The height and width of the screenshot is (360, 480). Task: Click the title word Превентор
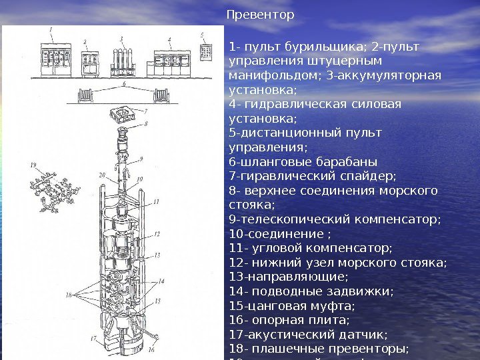tap(260, 14)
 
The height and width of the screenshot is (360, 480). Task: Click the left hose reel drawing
tap(85, 95)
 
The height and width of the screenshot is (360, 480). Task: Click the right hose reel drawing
tap(162, 95)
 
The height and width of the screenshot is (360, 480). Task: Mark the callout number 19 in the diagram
tap(33, 165)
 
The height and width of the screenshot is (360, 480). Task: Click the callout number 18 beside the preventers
tap(68, 295)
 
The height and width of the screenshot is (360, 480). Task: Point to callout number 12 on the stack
tap(157, 235)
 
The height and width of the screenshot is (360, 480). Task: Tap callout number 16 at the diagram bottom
tap(151, 349)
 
